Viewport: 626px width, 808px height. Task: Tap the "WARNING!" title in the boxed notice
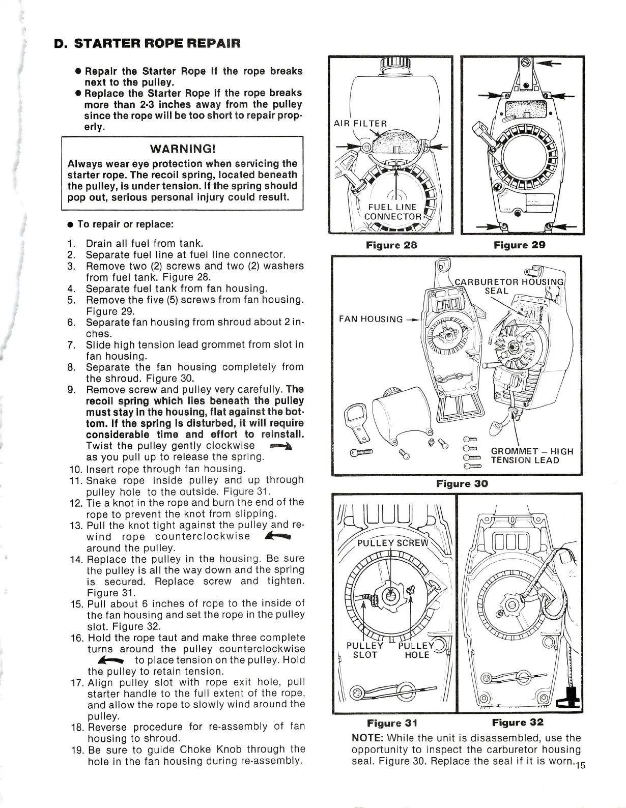182,149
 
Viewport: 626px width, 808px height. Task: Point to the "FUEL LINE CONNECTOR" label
392,211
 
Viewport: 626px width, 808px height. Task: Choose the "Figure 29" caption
520,245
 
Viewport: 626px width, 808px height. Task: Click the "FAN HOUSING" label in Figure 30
371,320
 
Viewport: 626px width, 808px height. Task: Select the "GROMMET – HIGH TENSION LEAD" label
532,456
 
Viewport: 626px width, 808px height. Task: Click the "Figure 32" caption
518,723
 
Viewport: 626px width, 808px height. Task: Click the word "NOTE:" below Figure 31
368,738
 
